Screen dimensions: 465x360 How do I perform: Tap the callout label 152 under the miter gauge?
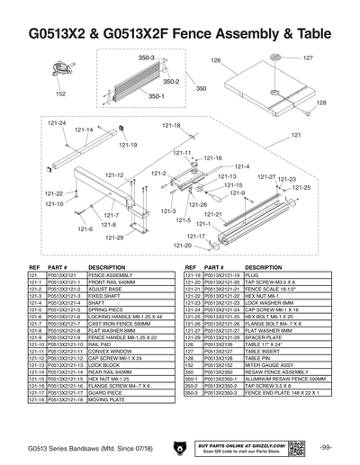click(60, 94)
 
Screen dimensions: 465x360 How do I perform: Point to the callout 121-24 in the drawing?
click(56, 123)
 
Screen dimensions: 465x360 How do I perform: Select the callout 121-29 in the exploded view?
click(114, 237)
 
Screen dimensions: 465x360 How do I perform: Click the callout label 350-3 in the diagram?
click(146, 58)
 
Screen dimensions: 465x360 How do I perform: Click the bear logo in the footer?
click(182, 449)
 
